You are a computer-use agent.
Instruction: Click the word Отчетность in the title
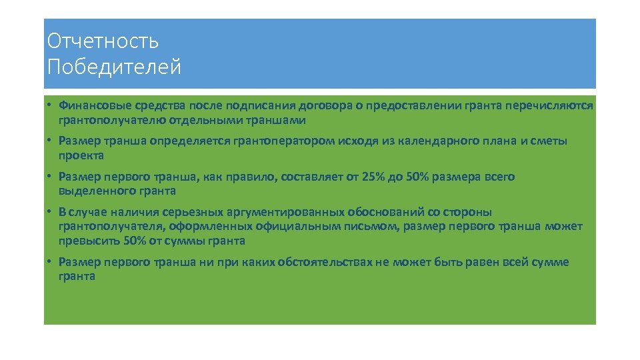click(x=103, y=41)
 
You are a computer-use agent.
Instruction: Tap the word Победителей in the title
click(x=114, y=67)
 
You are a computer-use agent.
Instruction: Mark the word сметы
click(x=548, y=141)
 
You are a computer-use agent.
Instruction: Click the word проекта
click(x=81, y=156)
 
